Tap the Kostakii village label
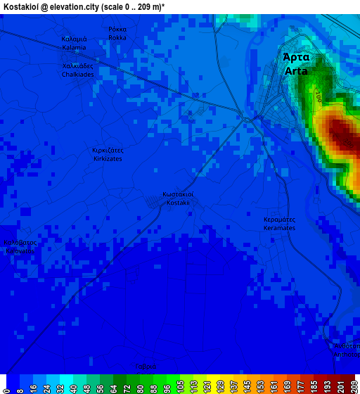coord(178,203)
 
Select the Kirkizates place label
coord(108,159)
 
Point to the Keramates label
coord(279,228)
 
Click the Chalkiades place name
coord(77,74)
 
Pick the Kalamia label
coord(74,47)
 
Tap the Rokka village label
coord(117,37)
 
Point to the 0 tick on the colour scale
coord(6,386)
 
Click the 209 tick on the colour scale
coord(353,386)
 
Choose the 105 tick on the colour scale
coord(181,386)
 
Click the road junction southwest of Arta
coord(246,119)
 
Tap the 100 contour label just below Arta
coord(317,95)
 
